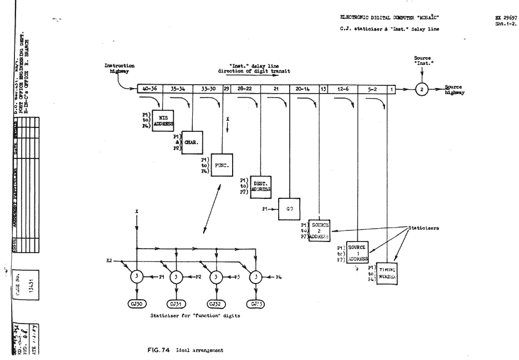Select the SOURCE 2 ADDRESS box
320,229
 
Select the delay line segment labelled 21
276,88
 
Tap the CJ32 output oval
216,304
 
